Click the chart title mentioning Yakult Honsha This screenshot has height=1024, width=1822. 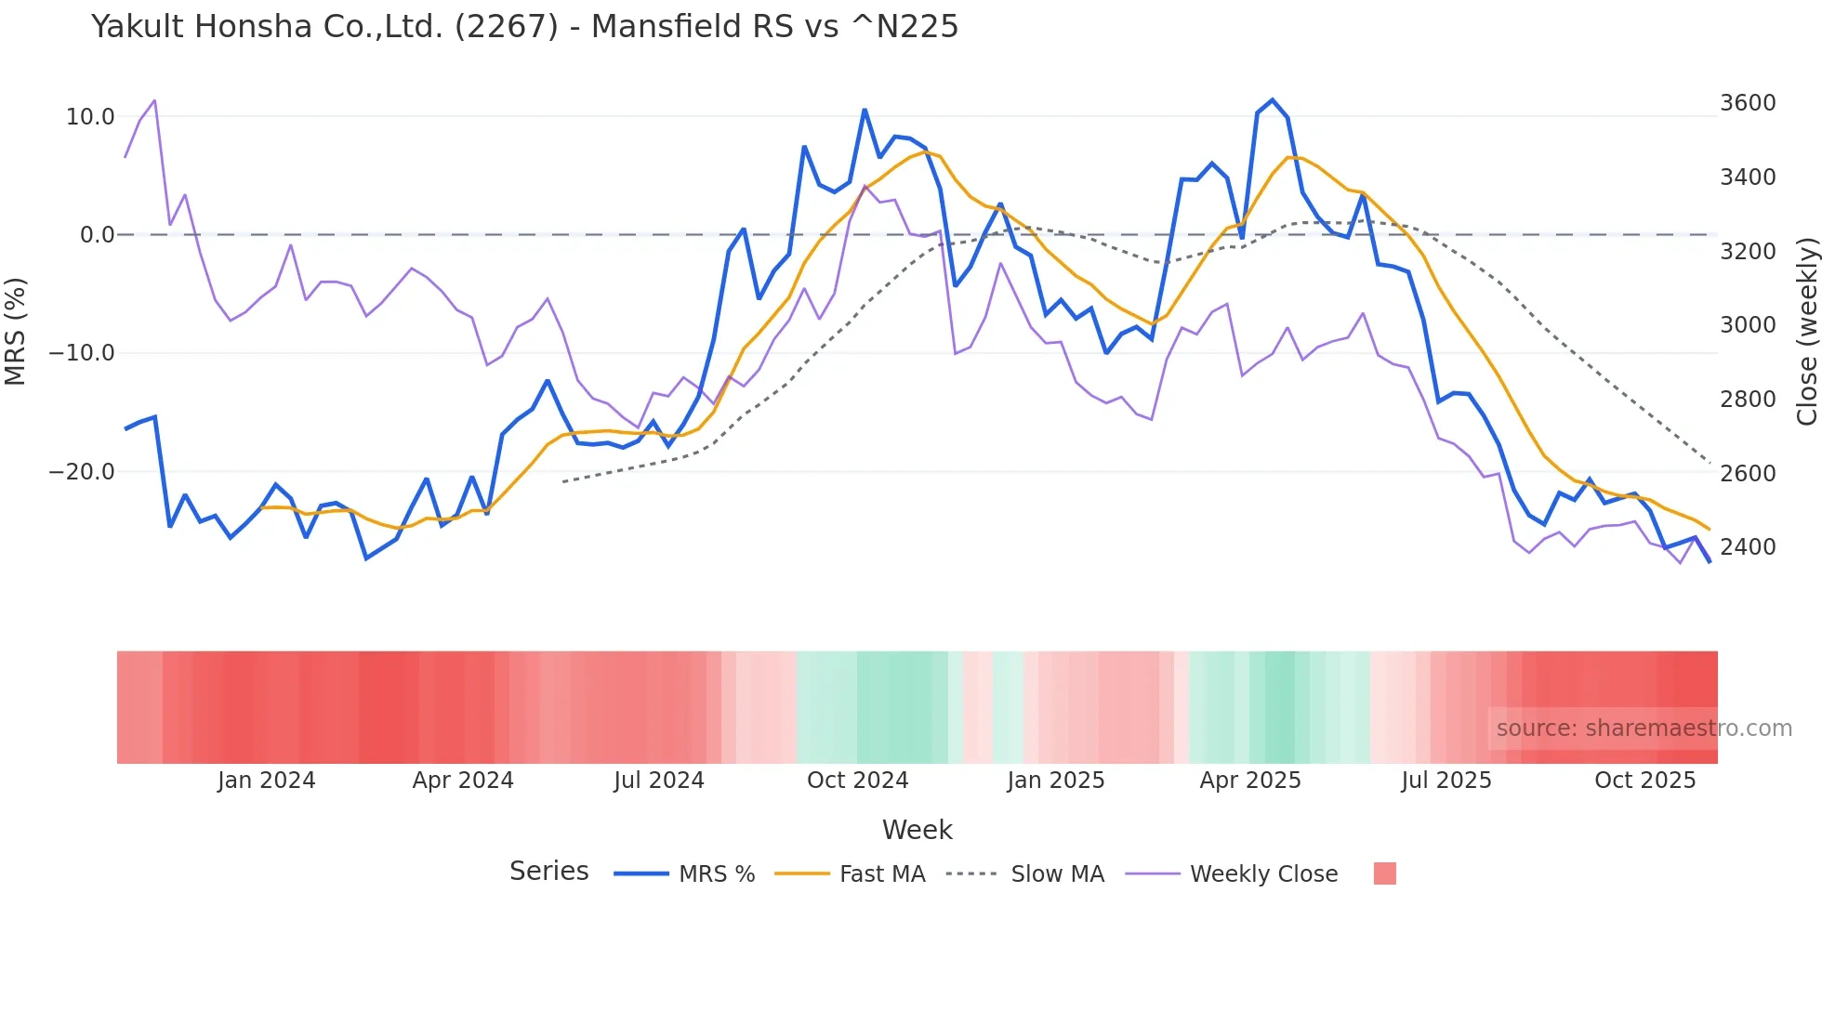(524, 27)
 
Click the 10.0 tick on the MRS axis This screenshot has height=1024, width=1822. (90, 117)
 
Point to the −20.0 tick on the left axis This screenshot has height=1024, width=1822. (82, 472)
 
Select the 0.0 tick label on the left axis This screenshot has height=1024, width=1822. (97, 235)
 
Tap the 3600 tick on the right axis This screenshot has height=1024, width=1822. (1748, 103)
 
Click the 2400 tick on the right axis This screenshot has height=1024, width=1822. (1748, 547)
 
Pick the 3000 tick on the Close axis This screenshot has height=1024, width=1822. (1748, 325)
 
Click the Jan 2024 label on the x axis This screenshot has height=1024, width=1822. (266, 781)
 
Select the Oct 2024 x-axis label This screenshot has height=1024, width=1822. (857, 781)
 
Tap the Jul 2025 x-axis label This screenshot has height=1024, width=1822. (1446, 781)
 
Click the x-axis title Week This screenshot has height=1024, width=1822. (917, 830)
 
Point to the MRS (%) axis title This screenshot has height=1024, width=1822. (16, 331)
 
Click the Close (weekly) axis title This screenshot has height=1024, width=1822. (1806, 331)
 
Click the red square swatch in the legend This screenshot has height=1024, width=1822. (1384, 873)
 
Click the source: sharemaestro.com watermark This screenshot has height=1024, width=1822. (1644, 729)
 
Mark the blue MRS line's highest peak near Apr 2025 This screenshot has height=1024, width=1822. (1272, 100)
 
